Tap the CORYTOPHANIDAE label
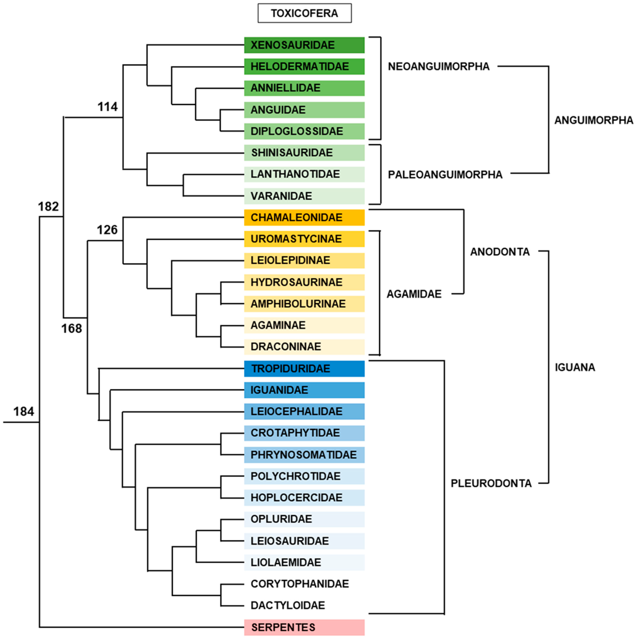coord(300,584)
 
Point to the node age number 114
coord(108,107)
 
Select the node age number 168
coord(71,328)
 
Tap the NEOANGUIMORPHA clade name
coord(439,67)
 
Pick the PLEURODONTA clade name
coord(491,484)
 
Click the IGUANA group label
coord(575,367)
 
